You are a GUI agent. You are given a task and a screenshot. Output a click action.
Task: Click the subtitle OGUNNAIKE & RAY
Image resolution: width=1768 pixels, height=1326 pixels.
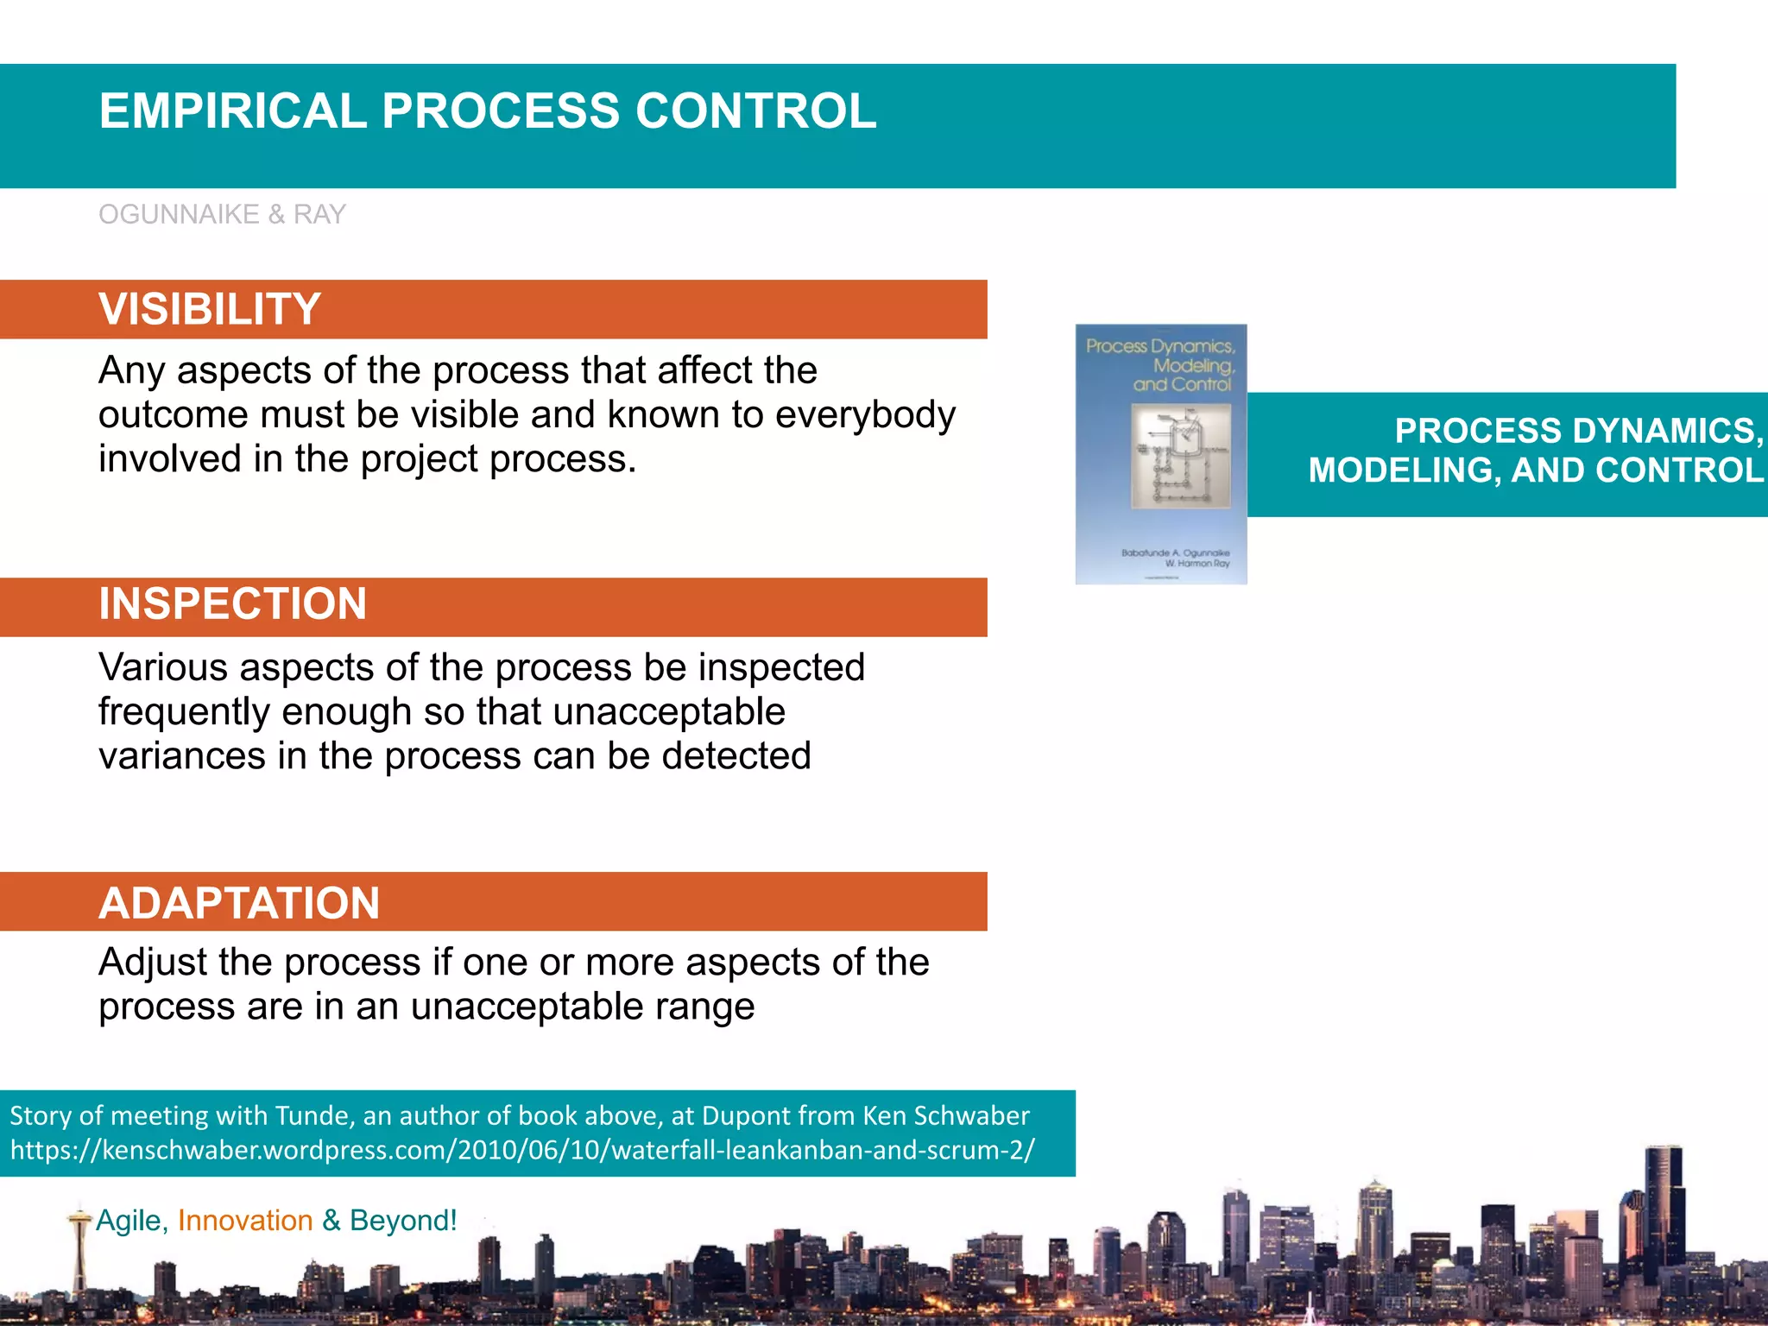pyautogui.click(x=222, y=214)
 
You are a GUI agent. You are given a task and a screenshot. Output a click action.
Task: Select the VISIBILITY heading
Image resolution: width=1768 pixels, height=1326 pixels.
pyautogui.click(x=210, y=309)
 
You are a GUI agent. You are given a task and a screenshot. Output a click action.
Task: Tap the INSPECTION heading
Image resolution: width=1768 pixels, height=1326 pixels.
pyautogui.click(x=232, y=603)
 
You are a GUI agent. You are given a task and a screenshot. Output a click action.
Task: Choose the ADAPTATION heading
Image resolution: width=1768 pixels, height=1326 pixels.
pyautogui.click(x=239, y=903)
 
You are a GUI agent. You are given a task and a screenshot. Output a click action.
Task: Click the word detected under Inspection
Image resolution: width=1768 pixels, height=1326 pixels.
pyautogui.click(x=736, y=756)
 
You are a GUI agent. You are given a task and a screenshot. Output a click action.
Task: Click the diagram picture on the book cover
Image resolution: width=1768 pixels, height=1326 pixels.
pyautogui.click(x=1181, y=455)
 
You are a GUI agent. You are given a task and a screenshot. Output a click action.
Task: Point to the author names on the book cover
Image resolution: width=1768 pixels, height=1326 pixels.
pyautogui.click(x=1176, y=558)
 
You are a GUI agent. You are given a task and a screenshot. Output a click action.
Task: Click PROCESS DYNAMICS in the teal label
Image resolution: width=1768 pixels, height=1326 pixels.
pyautogui.click(x=1578, y=431)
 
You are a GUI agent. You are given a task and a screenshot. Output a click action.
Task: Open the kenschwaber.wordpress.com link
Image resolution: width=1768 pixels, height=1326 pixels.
pyautogui.click(x=521, y=1150)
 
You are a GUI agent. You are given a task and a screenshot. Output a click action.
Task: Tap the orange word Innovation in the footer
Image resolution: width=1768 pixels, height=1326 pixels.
pyautogui.click(x=245, y=1221)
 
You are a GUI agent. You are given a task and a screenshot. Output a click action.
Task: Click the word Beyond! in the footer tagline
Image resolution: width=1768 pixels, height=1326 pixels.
pyautogui.click(x=403, y=1221)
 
